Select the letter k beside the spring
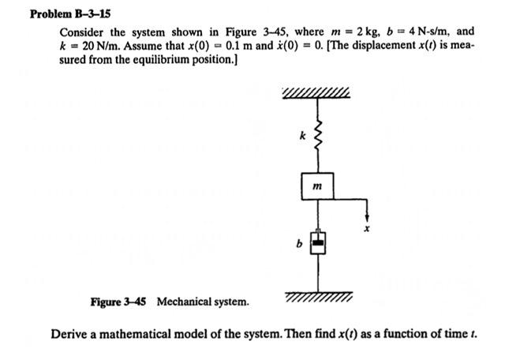(301, 136)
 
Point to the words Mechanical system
(203, 302)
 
